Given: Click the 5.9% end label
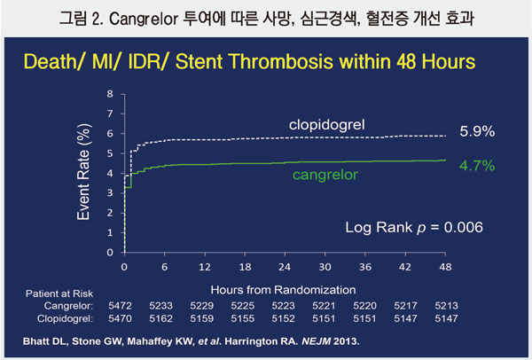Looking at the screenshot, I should click(x=476, y=131).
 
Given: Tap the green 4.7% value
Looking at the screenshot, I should click(x=476, y=165).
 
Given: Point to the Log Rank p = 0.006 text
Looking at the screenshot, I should click(x=413, y=228).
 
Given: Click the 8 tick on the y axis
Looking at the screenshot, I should click(x=110, y=93).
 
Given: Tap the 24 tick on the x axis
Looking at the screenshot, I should click(x=285, y=267).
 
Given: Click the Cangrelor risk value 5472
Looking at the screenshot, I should click(x=123, y=302).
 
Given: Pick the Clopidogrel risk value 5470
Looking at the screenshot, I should click(x=123, y=316).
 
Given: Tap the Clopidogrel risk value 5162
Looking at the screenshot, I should click(x=164, y=316).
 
